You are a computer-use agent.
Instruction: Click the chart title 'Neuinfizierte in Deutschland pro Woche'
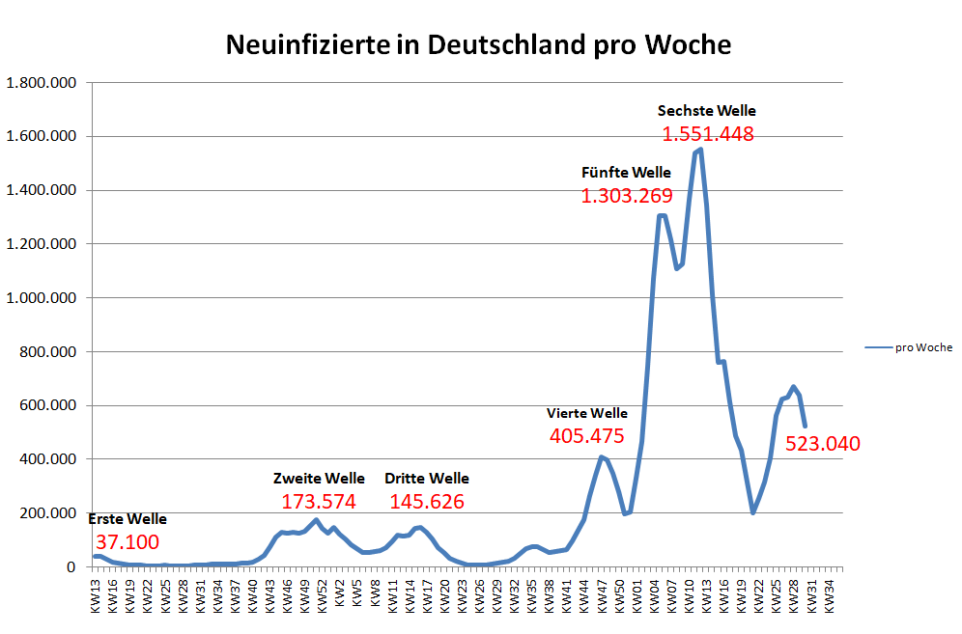tap(478, 44)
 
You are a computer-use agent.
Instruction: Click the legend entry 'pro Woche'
tap(923, 347)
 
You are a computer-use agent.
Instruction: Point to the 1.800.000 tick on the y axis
tap(42, 83)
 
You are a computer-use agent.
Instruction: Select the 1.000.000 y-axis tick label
tap(42, 298)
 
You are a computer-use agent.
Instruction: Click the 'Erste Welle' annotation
tap(127, 519)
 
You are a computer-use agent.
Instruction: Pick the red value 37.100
tap(127, 542)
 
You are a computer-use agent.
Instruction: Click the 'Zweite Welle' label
tap(319, 479)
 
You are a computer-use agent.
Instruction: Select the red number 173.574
tap(319, 502)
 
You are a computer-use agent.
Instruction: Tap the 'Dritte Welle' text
tap(426, 479)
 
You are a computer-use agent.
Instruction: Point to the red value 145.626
tap(426, 502)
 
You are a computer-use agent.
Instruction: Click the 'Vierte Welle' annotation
tap(587, 413)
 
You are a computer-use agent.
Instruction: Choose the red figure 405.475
tap(587, 436)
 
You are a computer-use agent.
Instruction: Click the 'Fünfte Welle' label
tap(626, 174)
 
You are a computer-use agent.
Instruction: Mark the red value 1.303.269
tap(626, 197)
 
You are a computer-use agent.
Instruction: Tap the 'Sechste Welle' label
tap(707, 111)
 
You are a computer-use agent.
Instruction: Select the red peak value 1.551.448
tap(707, 134)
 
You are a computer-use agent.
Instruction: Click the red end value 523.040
tap(822, 445)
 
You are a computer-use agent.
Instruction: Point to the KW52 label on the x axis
tap(322, 592)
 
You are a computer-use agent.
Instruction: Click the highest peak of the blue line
tap(699, 149)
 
